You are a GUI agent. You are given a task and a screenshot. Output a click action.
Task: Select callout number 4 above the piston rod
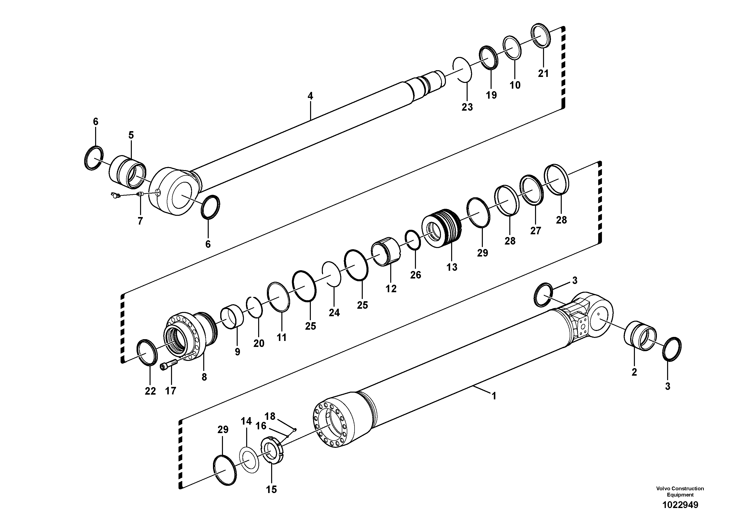[310, 96]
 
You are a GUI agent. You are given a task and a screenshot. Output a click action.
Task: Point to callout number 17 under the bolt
[171, 391]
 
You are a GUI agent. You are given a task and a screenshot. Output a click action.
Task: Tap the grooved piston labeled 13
[442, 228]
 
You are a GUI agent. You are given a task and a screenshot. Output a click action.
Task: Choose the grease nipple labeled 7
[115, 195]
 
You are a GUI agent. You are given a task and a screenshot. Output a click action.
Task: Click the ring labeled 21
[541, 36]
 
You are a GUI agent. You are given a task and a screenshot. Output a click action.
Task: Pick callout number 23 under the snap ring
[467, 107]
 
